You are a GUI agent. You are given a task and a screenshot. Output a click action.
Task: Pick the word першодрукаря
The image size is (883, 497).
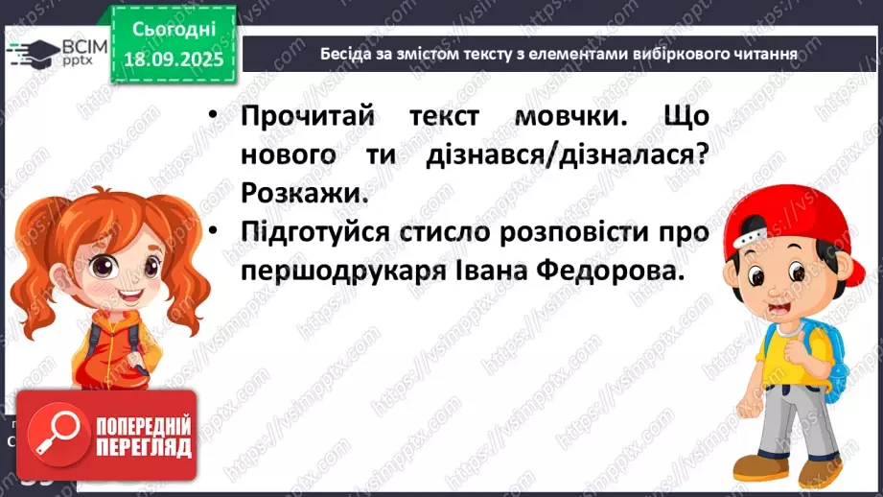(340, 272)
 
